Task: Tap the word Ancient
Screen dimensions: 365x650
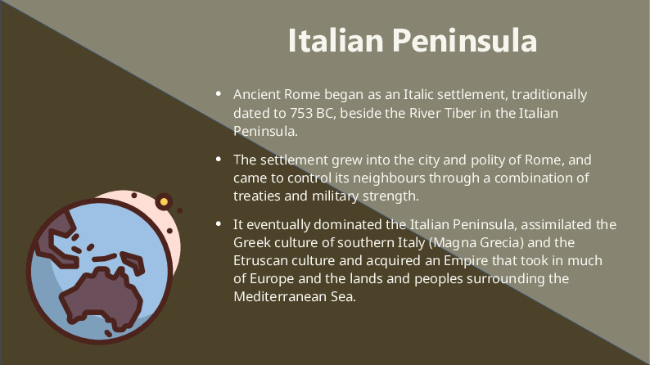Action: point(257,95)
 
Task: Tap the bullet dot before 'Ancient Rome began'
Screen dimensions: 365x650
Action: point(218,95)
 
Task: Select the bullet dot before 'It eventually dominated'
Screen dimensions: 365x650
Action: point(218,224)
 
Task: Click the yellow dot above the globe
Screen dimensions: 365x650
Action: point(164,202)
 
